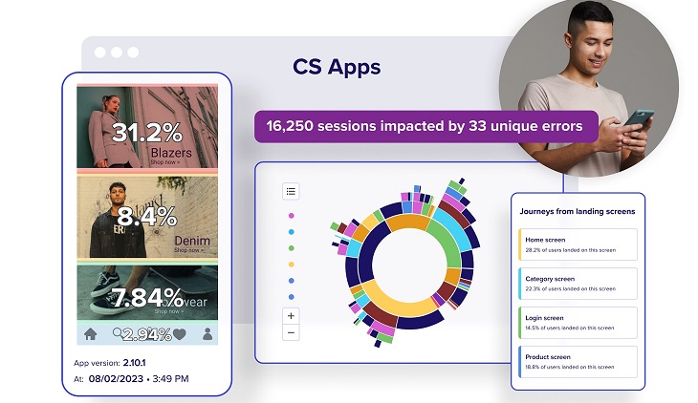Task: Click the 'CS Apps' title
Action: tap(337, 68)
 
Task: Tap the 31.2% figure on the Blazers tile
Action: tap(145, 132)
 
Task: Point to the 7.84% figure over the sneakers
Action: tap(146, 297)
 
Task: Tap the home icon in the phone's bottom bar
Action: tap(91, 334)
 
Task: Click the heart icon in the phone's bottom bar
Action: tap(180, 334)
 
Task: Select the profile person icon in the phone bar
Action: tap(207, 334)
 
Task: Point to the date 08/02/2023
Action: tap(118, 379)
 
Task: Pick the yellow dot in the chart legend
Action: tap(292, 264)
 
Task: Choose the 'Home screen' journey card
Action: tap(577, 244)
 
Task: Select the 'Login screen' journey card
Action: tap(577, 322)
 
